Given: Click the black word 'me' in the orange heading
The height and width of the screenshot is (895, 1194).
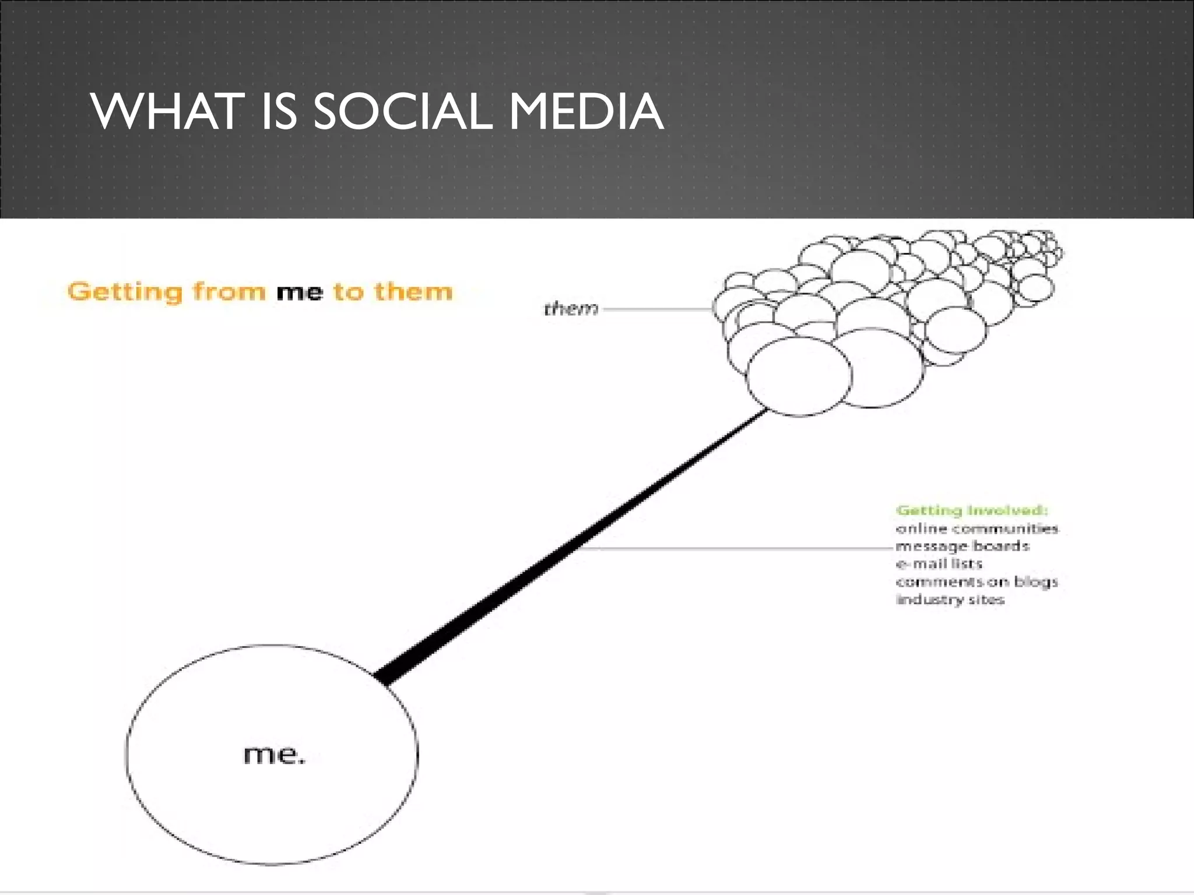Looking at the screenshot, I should (299, 292).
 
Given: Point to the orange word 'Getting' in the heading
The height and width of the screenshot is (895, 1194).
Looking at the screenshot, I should (125, 292).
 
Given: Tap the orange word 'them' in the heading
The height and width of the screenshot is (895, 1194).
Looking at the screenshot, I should (413, 291).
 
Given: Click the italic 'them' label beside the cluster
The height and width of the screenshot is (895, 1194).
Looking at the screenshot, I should (571, 309).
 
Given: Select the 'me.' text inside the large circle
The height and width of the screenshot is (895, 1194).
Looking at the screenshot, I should (273, 755).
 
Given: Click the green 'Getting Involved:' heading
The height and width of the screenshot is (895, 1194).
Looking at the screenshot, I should (972, 510).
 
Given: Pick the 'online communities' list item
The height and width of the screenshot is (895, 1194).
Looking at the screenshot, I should (977, 528).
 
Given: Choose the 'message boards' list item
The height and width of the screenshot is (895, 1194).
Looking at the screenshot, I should (962, 546).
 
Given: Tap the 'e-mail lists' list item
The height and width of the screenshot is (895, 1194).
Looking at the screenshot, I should (939, 563).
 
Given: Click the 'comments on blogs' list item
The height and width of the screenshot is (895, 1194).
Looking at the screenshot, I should (977, 582).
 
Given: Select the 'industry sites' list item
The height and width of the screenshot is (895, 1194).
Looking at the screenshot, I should (950, 600).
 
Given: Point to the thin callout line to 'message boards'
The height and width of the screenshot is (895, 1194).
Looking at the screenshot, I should (735, 548).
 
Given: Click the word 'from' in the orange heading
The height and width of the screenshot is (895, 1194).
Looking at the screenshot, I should (229, 291).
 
